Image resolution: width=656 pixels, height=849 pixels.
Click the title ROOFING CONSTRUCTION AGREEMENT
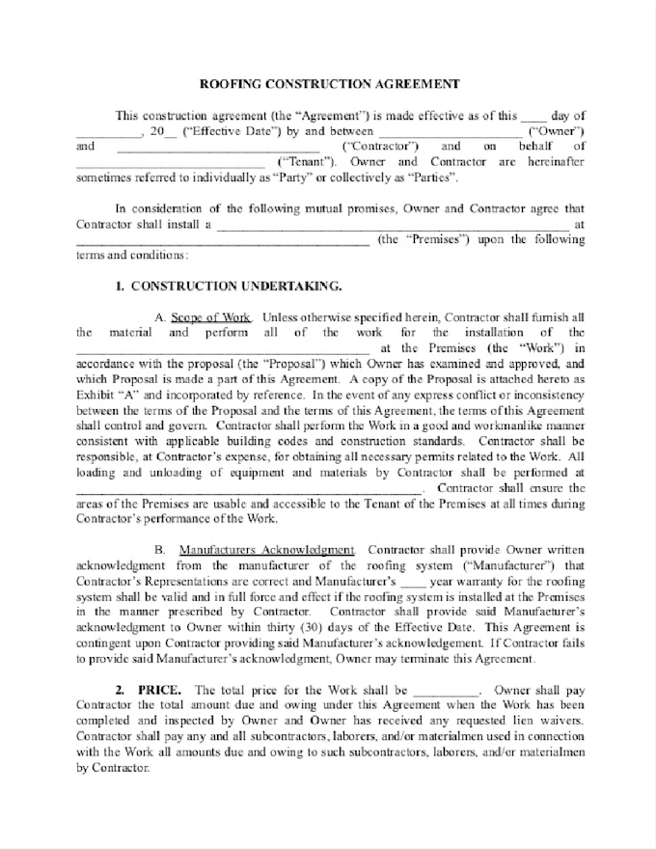pos(328,84)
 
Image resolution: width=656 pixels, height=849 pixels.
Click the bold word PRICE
pos(156,690)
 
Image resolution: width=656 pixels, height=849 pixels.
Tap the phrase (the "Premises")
pos(424,239)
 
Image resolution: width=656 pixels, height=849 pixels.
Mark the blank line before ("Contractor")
pos(218,148)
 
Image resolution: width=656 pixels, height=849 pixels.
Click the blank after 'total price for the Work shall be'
pos(447,692)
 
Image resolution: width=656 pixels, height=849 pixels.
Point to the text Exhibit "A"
pos(105,395)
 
